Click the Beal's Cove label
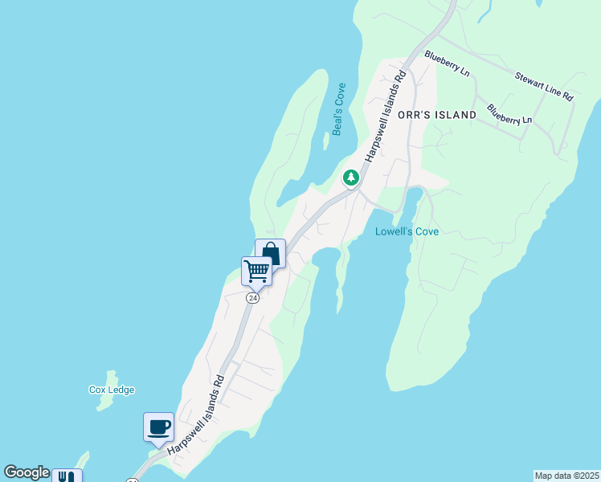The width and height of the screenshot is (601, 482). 339,108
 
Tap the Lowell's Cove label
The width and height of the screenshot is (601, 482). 407,232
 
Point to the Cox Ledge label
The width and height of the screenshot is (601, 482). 112,390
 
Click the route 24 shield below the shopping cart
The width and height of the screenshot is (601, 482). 253,298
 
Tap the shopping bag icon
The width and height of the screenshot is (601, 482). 271,254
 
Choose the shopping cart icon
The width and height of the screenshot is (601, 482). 256,271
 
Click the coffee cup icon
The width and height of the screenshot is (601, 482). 158,426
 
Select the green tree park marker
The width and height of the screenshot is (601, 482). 350,178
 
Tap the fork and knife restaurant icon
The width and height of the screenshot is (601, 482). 67,476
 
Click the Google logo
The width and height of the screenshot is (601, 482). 26,472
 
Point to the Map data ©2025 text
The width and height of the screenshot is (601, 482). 567,476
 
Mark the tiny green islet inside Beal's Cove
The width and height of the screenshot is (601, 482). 325,142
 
